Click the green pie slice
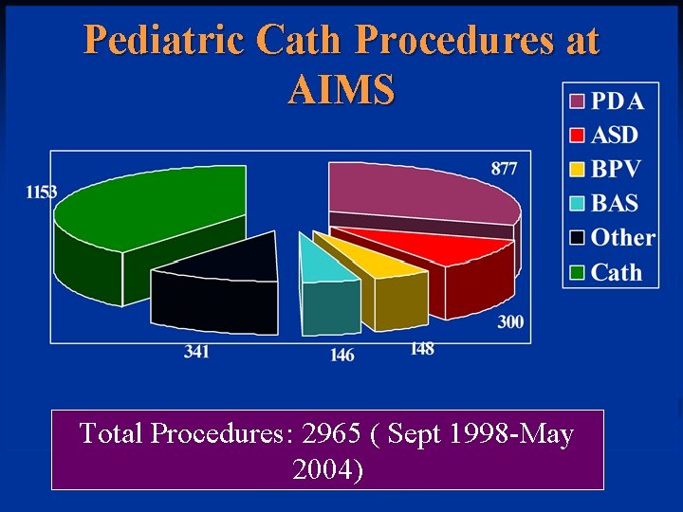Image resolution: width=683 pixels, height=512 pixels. [142, 213]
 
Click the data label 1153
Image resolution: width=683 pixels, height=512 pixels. [41, 192]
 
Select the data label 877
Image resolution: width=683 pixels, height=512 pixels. [504, 169]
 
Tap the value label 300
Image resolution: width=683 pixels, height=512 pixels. [510, 322]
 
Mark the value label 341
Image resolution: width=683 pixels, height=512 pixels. [196, 352]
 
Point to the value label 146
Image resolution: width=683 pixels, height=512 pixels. [341, 355]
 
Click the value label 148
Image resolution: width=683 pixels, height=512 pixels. [422, 349]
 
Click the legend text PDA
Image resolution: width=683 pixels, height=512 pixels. [618, 101]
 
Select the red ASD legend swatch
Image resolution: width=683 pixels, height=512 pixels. [577, 135]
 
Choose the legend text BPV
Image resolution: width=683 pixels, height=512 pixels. [616, 170]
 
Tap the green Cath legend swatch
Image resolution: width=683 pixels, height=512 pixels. [577, 273]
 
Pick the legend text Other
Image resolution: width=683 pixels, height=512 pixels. [623, 238]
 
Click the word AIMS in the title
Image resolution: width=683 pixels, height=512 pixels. [341, 90]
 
